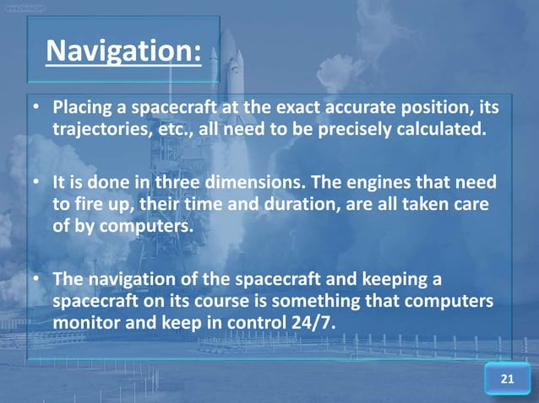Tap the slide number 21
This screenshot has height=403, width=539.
(x=507, y=379)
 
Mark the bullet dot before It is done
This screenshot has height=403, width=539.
(x=37, y=183)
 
